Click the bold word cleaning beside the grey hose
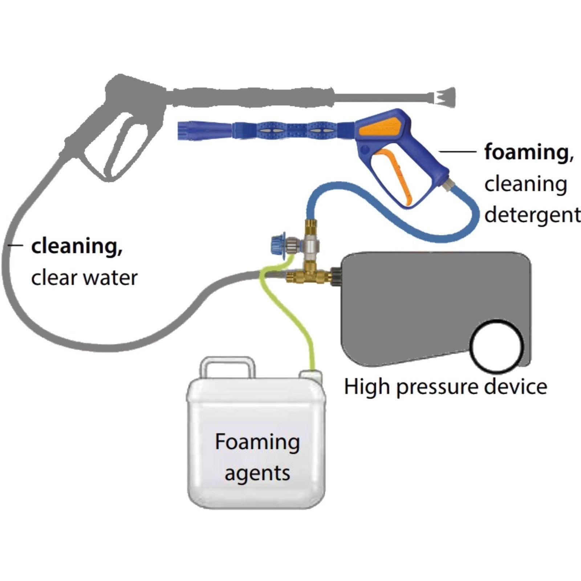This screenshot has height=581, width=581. pyautogui.click(x=77, y=247)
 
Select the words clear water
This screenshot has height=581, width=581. pyautogui.click(x=84, y=278)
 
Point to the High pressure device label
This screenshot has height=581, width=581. pyautogui.click(x=445, y=386)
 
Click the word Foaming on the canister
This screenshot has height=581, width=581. pyautogui.click(x=257, y=443)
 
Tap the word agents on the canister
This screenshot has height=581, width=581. pyautogui.click(x=257, y=473)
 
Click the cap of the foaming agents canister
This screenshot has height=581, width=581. pyautogui.click(x=310, y=375)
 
